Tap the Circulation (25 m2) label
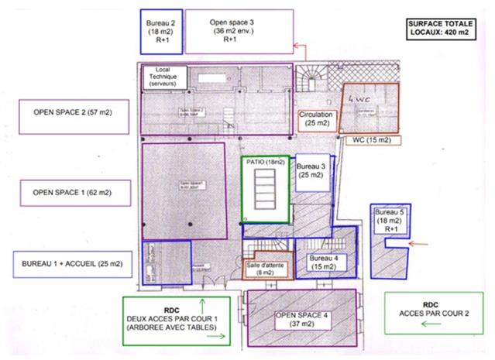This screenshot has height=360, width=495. click(x=317, y=118)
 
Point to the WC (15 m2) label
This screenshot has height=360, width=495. click(x=371, y=140)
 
